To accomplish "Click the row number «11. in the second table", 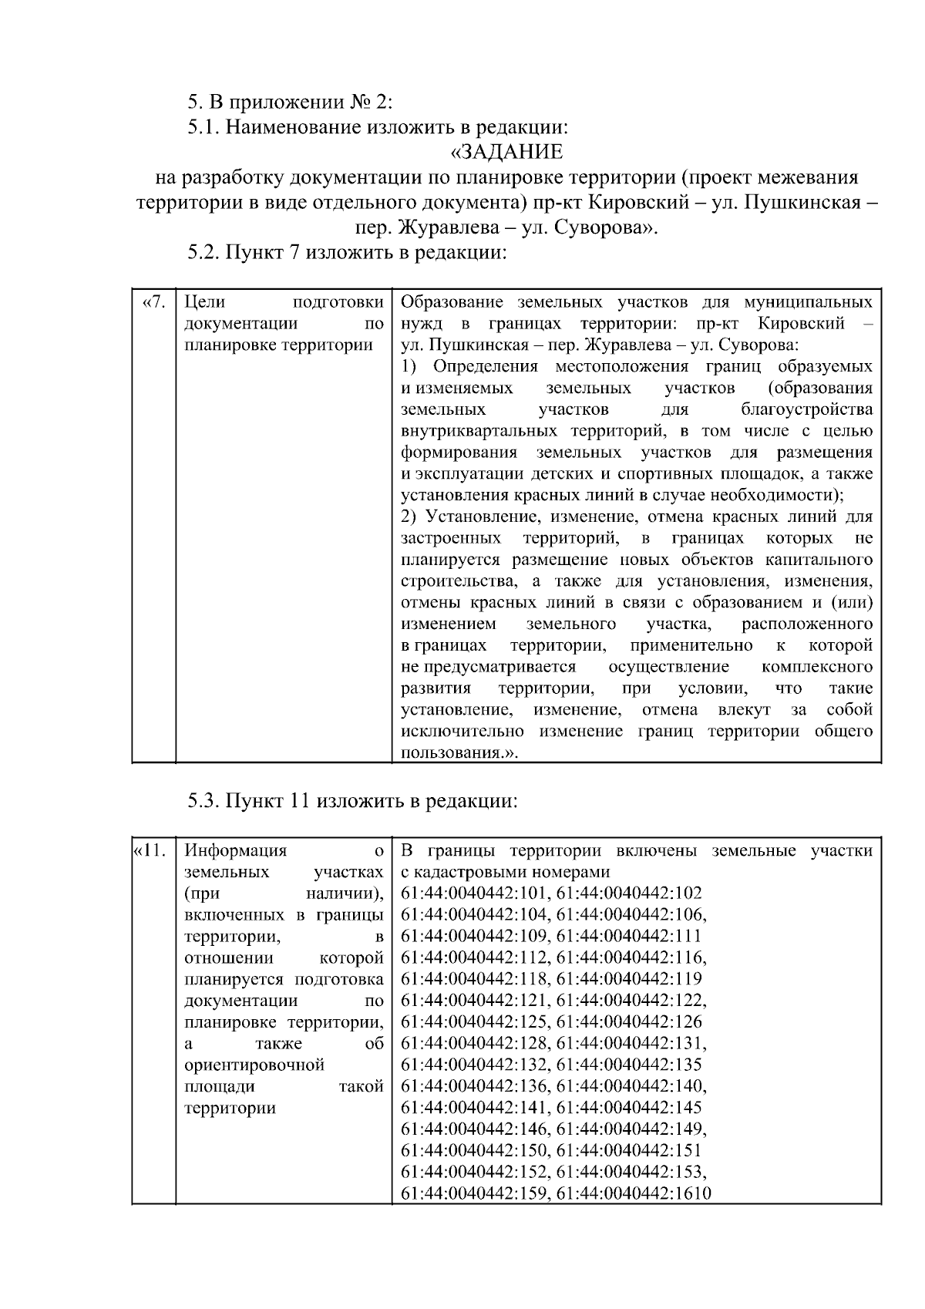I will pos(150,851).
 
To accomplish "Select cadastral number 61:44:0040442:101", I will pos(474,893).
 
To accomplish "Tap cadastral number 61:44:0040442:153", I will pos(631,1173).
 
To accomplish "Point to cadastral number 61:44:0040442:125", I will pos(474,1022).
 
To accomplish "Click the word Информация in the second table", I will pos(236,851).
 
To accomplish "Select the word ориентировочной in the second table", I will pos(254,1065).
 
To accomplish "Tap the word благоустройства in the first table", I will pos(807,409).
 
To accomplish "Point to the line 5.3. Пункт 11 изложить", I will pos(352,802).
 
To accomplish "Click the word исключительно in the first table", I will pos(462,732).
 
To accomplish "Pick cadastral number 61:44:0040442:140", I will pos(631,1087).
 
